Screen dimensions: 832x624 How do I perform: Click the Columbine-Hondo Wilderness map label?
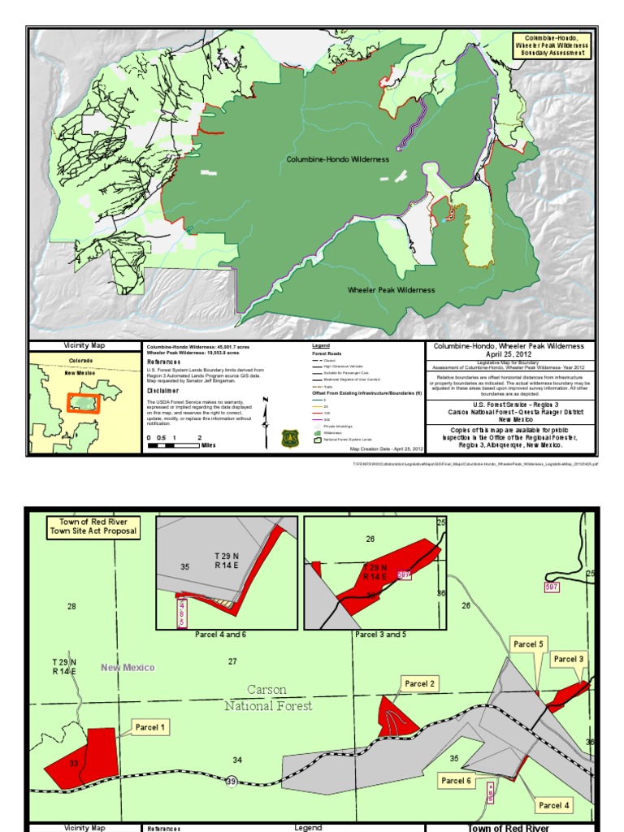337,159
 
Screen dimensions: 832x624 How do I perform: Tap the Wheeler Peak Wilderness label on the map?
391,290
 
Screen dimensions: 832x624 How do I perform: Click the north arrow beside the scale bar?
265,422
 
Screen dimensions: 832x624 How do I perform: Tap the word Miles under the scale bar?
208,445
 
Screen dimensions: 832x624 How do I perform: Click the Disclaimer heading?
162,391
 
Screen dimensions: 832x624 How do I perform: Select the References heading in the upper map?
163,362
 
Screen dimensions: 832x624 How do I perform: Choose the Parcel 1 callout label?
151,726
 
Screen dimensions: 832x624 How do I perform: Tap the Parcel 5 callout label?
528,644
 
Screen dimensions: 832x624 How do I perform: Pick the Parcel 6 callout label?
456,781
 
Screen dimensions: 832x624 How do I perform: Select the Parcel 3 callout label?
569,659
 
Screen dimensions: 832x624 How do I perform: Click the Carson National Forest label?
268,697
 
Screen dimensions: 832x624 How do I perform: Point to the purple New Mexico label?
127,667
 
